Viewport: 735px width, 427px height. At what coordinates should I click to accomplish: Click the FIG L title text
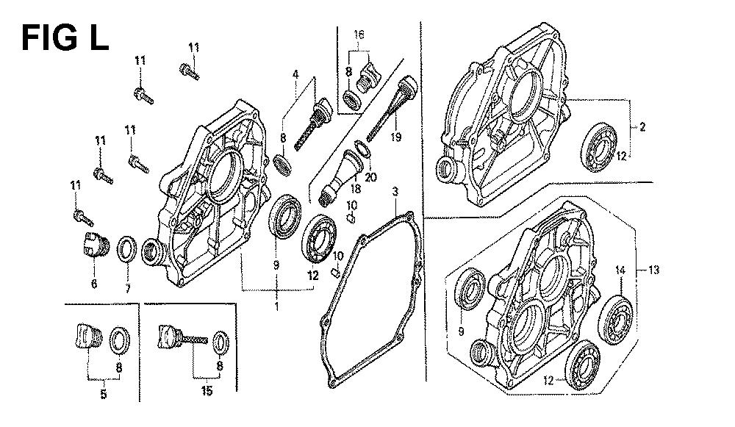coord(65,38)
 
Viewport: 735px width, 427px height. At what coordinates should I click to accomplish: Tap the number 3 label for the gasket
coord(395,191)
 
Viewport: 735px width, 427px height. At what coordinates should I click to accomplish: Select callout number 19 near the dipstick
coord(396,137)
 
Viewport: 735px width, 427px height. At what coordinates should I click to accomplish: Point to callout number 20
coord(370,177)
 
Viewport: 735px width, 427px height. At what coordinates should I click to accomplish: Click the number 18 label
coord(355,189)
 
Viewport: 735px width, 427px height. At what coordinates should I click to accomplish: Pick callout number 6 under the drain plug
coord(94,284)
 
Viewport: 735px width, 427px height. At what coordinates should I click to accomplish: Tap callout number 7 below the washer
coord(127,288)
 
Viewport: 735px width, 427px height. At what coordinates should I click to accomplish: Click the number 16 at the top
coord(359,35)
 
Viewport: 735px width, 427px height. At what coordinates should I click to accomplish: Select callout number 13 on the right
coord(653,270)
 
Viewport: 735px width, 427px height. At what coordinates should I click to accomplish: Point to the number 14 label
coord(620,270)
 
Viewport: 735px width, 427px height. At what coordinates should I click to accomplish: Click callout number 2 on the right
coord(642,126)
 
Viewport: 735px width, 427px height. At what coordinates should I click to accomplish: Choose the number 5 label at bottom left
coord(104,394)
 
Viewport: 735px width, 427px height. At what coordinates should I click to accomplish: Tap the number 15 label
coord(207,390)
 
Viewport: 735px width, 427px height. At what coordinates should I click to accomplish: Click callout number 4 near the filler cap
coord(295,74)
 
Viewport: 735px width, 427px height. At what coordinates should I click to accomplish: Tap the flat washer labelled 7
coord(126,250)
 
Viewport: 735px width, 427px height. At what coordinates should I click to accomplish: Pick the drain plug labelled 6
coord(96,245)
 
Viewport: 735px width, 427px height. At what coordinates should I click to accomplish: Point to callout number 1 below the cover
coord(276,306)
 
